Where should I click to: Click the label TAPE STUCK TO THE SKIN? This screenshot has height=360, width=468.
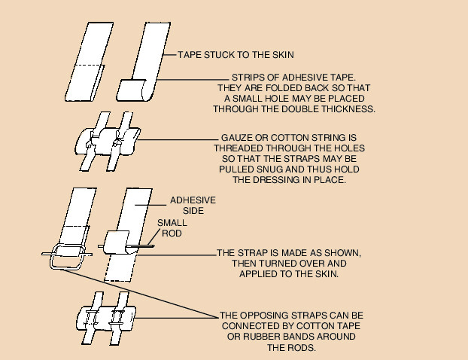coord(236,55)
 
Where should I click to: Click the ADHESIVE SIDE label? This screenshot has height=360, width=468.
coord(193,206)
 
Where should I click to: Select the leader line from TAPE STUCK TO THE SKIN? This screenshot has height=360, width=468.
coord(166,55)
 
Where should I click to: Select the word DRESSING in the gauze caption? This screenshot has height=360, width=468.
coord(278,181)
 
